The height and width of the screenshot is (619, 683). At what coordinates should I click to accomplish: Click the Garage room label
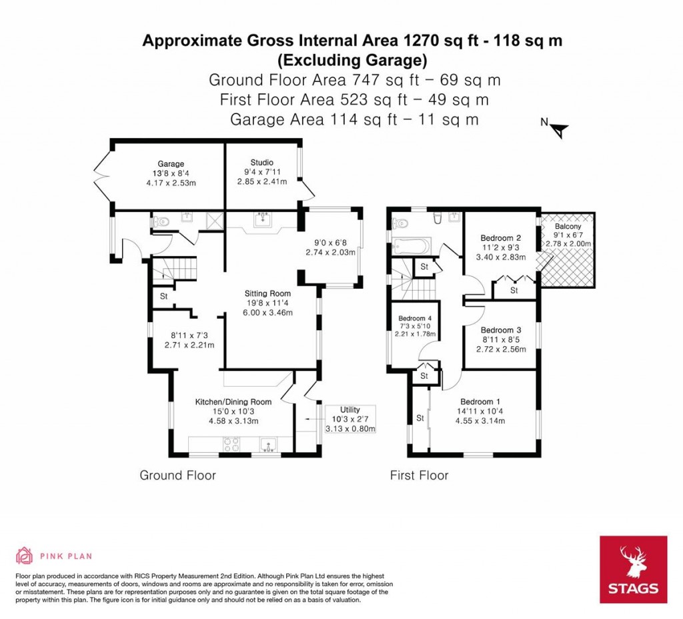click(x=171, y=163)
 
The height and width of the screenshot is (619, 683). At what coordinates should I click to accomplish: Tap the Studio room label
click(x=262, y=162)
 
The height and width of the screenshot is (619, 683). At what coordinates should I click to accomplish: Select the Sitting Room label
click(x=267, y=293)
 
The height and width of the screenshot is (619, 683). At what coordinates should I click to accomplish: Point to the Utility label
click(x=350, y=409)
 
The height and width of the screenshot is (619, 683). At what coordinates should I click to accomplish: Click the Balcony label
click(x=568, y=226)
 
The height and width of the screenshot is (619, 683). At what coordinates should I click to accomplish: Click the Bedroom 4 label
click(x=415, y=318)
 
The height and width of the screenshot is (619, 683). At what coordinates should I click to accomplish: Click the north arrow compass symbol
click(x=557, y=129)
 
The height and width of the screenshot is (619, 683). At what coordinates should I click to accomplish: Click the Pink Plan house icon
click(x=24, y=555)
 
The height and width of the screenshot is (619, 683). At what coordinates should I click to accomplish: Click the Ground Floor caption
click(x=177, y=476)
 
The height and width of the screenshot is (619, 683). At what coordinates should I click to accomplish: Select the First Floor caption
click(x=419, y=476)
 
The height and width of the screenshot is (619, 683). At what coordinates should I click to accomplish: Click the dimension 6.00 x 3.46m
click(x=267, y=312)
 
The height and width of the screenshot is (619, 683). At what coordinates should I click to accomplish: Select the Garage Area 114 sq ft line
click(x=354, y=119)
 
